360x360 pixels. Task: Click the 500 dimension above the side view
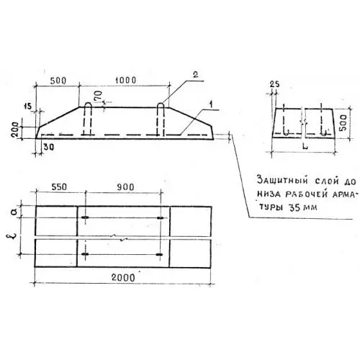pyautogui.click(x=58, y=81)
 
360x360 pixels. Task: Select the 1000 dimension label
pyautogui.click(x=125, y=80)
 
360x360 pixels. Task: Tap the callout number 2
pyautogui.click(x=196, y=75)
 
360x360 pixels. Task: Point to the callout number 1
pyautogui.click(x=211, y=104)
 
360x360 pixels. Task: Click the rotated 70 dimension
pyautogui.click(x=99, y=96)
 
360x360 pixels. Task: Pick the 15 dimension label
pyautogui.click(x=27, y=107)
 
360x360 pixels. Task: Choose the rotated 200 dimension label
pyautogui.click(x=15, y=130)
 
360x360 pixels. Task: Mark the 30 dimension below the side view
pyautogui.click(x=49, y=147)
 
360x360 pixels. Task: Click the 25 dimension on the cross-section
pyautogui.click(x=274, y=84)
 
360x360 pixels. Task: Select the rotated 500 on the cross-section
pyautogui.click(x=343, y=122)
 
